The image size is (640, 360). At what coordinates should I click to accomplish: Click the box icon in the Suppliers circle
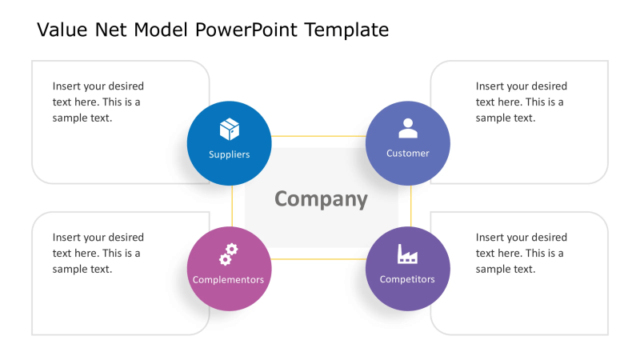[x=230, y=130]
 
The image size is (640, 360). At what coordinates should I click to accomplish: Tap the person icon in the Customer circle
[x=408, y=128]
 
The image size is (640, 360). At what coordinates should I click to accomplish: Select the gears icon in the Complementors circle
[x=229, y=254]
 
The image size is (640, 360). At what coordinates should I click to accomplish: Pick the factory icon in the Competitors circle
[x=408, y=254]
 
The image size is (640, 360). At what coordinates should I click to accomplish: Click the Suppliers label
[x=230, y=154]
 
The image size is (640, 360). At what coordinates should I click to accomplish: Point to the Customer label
[x=408, y=153]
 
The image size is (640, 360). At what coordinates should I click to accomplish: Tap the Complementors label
[x=229, y=280]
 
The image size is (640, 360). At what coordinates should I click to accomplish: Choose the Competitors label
[x=408, y=279]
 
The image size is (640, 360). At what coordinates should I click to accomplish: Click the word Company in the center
[x=321, y=199]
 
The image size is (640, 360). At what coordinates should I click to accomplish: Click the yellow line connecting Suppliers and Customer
[x=318, y=136]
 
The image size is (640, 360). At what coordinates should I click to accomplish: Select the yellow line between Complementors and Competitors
[x=318, y=260]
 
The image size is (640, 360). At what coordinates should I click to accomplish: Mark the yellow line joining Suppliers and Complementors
[x=232, y=206]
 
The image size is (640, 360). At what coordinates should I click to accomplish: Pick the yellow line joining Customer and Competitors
[x=410, y=206]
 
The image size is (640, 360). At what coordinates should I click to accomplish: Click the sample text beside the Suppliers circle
[x=98, y=102]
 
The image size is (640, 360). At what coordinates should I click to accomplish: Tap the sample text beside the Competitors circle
[x=522, y=253]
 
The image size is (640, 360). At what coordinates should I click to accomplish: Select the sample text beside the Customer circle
[x=522, y=102]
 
